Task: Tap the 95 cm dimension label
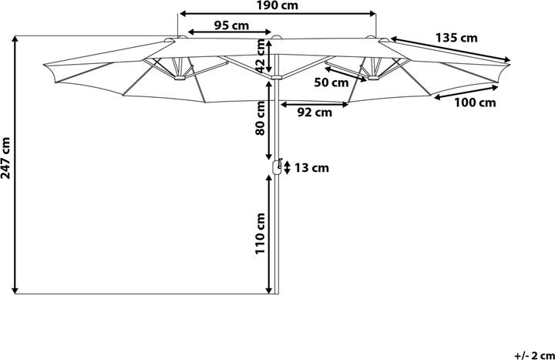(x=232, y=25)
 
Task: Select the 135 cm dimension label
(x=456, y=37)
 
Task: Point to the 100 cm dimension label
(x=475, y=102)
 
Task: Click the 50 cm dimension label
(x=332, y=82)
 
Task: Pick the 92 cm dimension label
(x=314, y=112)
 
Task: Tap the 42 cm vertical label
(x=261, y=54)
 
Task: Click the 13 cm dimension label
(x=312, y=167)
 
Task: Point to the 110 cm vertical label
(x=261, y=234)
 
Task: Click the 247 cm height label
(x=6, y=159)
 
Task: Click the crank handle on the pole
(x=274, y=167)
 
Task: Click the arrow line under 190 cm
(x=277, y=13)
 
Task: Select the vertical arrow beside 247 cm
(x=16, y=165)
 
